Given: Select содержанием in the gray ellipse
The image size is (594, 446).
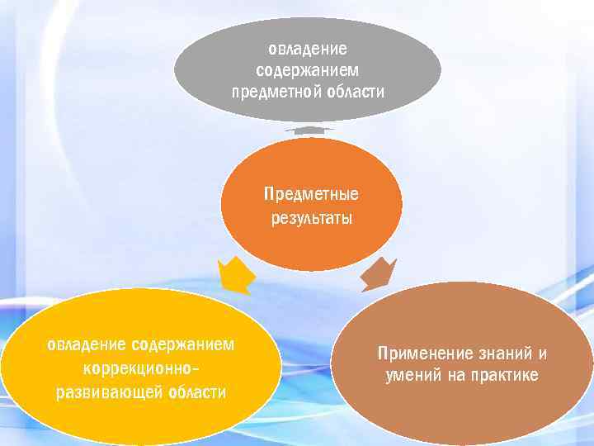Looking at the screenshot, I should click(308, 70).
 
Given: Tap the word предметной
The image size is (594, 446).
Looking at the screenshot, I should click(273, 91).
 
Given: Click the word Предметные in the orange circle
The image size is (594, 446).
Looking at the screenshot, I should click(311, 196).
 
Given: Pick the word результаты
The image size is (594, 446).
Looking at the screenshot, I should click(311, 219).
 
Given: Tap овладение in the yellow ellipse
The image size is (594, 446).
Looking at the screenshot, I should click(86, 344).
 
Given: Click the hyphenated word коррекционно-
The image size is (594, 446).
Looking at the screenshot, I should click(141, 368).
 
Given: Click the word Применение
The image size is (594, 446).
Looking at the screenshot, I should click(421, 353).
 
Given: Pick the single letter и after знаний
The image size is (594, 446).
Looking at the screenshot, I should click(542, 353).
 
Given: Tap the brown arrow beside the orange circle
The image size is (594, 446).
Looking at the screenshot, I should click(379, 273).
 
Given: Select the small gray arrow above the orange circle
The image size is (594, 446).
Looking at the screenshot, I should click(309, 130).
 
